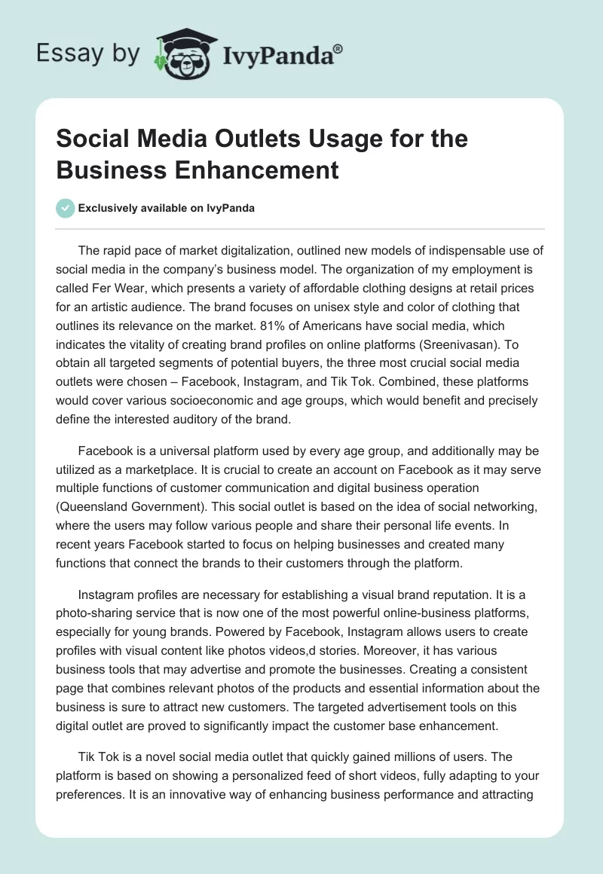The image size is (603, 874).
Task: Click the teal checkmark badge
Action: pos(66,208)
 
